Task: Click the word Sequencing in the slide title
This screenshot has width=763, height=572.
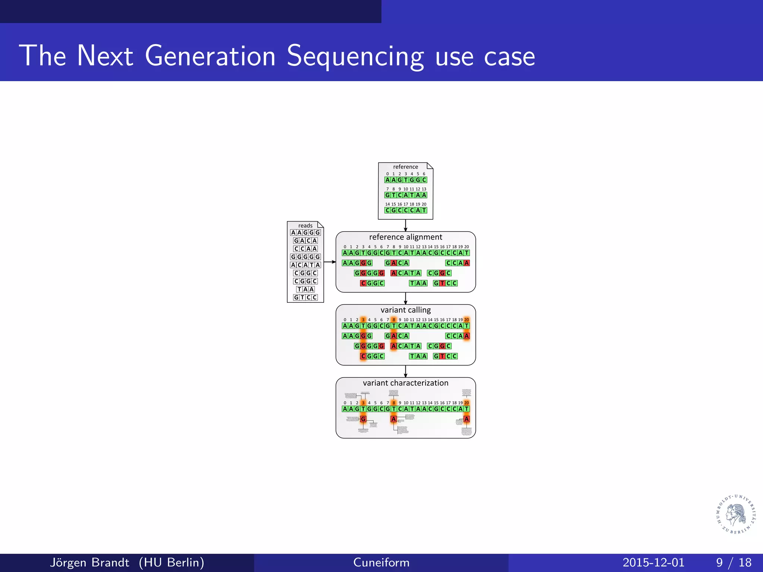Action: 355,57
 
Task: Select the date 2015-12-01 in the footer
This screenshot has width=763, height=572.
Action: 653,562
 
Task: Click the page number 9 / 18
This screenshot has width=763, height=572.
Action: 733,562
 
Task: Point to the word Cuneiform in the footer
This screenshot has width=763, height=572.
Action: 381,562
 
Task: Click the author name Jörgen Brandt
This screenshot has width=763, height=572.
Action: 89,562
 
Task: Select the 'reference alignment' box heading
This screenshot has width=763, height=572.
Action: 405,237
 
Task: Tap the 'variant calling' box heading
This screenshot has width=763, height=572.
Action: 405,310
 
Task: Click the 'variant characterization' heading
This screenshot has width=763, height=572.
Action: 405,383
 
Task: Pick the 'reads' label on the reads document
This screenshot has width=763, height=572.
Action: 305,226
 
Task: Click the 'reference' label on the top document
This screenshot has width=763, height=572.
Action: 405,167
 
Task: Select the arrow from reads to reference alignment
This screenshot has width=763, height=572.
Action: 330,262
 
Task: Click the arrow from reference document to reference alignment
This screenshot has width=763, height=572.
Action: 405,226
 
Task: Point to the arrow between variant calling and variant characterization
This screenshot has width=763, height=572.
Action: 405,371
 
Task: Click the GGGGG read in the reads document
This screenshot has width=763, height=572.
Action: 305,257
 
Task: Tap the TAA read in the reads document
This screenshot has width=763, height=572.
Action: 305,289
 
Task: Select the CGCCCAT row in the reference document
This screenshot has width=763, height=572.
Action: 405,210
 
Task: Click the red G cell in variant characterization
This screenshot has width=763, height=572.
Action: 363,419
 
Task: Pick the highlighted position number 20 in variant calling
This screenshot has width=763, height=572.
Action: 466,320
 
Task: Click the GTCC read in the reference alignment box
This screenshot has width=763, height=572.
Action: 445,283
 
